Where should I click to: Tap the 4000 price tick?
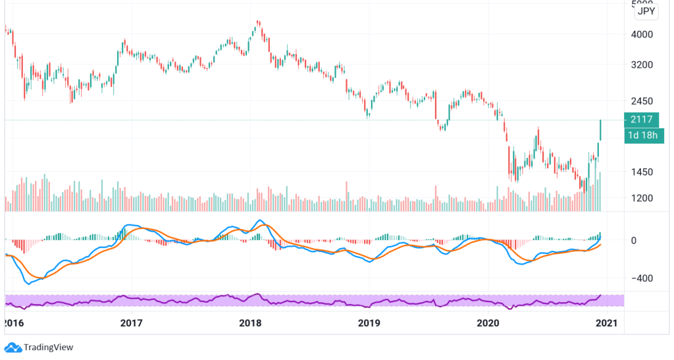click(641, 34)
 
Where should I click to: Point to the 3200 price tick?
click(641, 65)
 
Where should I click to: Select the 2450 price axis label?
click(641, 101)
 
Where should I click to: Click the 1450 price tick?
click(641, 172)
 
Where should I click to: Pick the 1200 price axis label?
click(641, 198)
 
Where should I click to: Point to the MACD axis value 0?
click(634, 241)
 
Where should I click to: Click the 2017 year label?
click(132, 323)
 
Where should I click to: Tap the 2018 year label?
click(250, 323)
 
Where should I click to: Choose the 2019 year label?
click(369, 323)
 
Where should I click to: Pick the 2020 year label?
click(488, 323)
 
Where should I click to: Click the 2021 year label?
click(606, 323)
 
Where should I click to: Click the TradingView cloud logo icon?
click(13, 347)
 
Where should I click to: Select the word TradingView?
click(48, 347)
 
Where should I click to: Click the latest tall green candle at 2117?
click(601, 130)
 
